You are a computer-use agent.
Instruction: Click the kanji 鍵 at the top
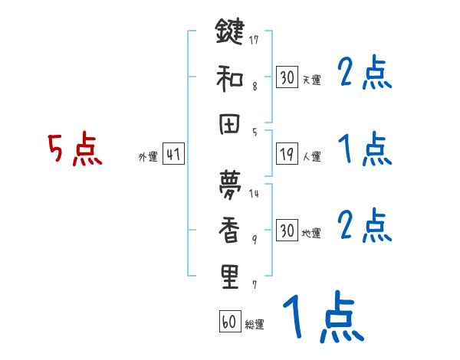(230, 34)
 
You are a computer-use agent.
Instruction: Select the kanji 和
(230, 79)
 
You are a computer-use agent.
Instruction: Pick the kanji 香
(230, 229)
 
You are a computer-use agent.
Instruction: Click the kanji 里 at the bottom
(230, 277)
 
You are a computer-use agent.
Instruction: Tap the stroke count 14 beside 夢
(254, 194)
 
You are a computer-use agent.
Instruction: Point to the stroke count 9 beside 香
(254, 240)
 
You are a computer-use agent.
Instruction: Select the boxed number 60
(228, 322)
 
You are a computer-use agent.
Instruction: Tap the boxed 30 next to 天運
(287, 77)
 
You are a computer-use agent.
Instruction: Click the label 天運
(311, 80)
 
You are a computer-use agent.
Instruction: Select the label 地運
(311, 233)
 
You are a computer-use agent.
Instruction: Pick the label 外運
(147, 156)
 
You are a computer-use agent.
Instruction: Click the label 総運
(255, 325)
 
